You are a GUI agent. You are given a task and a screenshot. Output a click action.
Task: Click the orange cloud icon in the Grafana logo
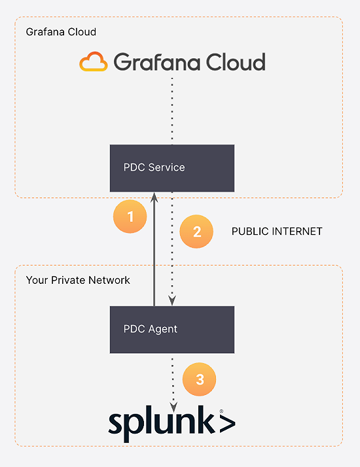(x=94, y=62)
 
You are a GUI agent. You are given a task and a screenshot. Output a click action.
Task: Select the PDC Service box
(x=172, y=168)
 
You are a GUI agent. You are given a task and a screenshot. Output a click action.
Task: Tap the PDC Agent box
(x=172, y=329)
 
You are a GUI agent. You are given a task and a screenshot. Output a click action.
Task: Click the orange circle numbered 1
(x=130, y=216)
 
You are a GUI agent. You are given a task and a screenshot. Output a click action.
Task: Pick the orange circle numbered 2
(x=196, y=232)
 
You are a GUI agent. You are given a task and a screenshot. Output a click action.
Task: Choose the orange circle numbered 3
(x=199, y=379)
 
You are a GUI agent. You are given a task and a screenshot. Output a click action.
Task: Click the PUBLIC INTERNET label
(x=277, y=232)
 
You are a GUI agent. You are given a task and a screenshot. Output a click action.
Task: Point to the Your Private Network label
(x=78, y=280)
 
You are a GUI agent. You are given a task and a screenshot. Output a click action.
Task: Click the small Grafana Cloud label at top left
(x=61, y=32)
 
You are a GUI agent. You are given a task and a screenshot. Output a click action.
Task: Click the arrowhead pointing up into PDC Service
(x=154, y=196)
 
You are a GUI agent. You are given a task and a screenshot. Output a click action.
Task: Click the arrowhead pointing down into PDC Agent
(x=172, y=301)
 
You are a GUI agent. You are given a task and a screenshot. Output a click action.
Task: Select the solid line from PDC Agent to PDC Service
(x=154, y=255)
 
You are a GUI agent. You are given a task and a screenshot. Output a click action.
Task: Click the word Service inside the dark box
(x=166, y=167)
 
